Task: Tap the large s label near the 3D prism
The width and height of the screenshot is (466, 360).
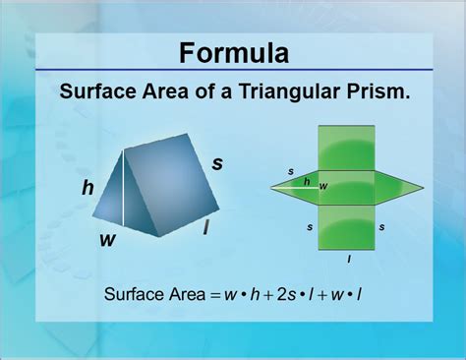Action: (217, 163)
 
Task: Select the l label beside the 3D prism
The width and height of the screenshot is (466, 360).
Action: (204, 228)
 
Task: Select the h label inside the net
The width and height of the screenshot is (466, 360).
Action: (307, 181)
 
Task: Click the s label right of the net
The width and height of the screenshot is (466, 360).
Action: (381, 227)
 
